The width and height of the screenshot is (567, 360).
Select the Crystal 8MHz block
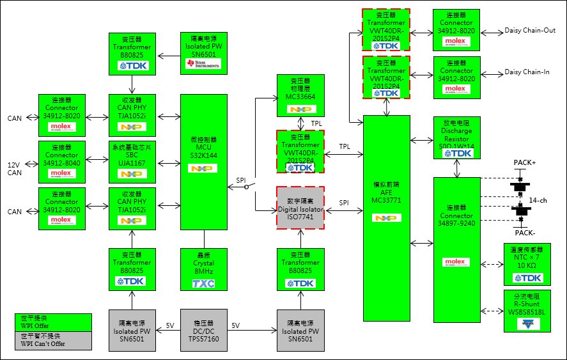(x=204, y=268)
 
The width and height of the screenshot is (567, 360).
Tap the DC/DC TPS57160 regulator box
(x=204, y=329)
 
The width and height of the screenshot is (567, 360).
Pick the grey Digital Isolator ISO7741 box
(x=300, y=208)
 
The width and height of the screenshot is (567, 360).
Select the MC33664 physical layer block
(x=300, y=95)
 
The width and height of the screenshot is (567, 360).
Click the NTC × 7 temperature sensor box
(x=527, y=264)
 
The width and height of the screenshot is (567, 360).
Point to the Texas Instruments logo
(x=203, y=64)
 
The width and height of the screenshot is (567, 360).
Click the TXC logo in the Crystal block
(x=203, y=283)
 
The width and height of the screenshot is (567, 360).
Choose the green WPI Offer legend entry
(x=54, y=322)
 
